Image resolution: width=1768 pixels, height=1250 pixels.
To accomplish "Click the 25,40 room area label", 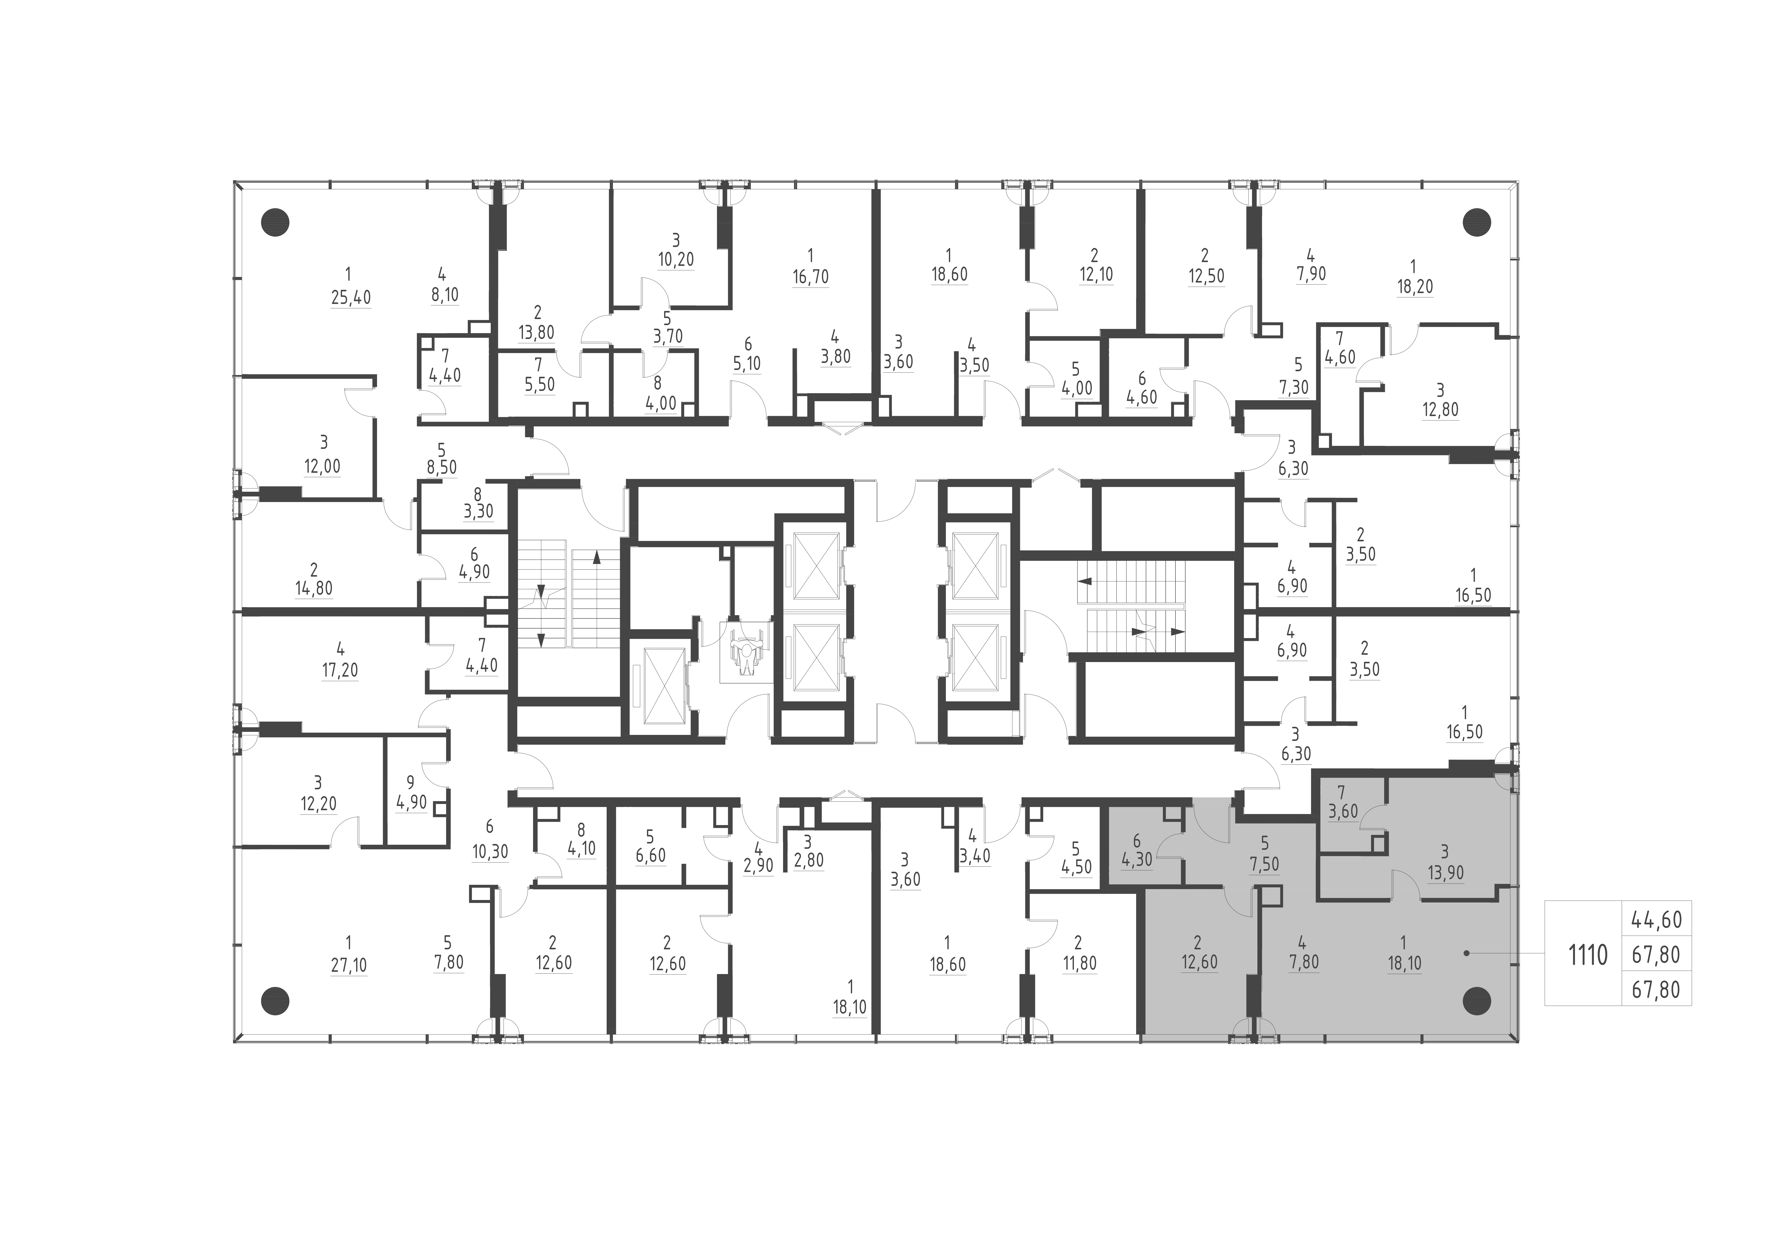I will coord(350,297).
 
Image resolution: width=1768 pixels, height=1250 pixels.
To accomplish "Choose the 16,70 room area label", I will coord(810,276).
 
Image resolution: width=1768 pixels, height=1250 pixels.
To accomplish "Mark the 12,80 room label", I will coord(1440,410).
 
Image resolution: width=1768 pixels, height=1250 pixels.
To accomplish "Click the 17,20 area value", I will coord(339,670).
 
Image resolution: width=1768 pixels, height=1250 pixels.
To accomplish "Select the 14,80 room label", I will coord(314,588).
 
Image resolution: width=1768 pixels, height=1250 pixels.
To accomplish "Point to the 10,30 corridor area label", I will coord(490,852).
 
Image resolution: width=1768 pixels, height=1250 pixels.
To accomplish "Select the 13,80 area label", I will coord(537,333).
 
